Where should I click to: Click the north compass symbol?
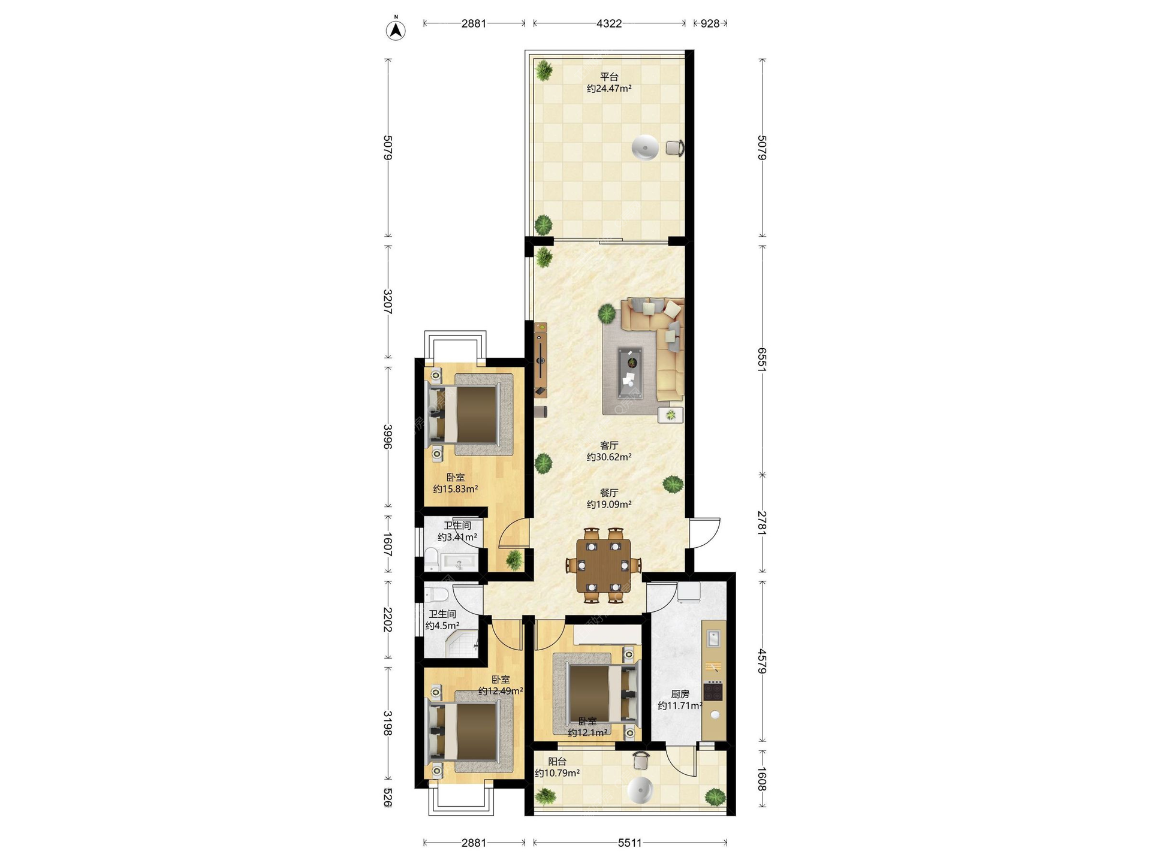pyautogui.click(x=396, y=30)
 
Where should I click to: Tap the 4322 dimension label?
pyautogui.click(x=609, y=23)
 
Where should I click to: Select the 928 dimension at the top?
pyautogui.click(x=710, y=23)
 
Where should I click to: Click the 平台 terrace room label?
pyautogui.click(x=609, y=77)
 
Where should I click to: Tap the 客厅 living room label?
pyautogui.click(x=609, y=445)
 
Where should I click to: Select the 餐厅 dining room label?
pyautogui.click(x=609, y=493)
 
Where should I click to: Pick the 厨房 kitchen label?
pyautogui.click(x=680, y=694)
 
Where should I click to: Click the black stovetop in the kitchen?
pyautogui.click(x=713, y=692)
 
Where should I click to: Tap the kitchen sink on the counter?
pyautogui.click(x=713, y=638)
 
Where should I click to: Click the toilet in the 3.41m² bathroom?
pyautogui.click(x=431, y=559)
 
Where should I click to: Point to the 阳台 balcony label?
pyautogui.click(x=557, y=761)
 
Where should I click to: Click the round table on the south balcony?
pyautogui.click(x=640, y=790)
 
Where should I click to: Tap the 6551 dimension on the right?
pyautogui.click(x=762, y=360)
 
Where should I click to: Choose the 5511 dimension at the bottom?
pyautogui.click(x=630, y=843)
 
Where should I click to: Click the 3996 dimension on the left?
pyautogui.click(x=388, y=437)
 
